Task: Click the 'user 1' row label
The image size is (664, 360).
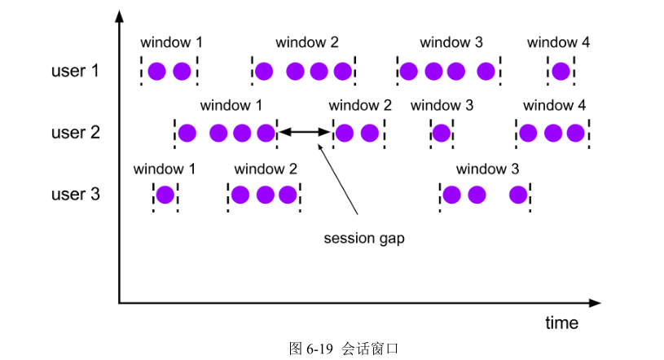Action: tap(76, 71)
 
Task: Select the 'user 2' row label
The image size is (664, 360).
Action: tap(76, 132)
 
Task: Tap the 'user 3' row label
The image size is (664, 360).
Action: tap(76, 195)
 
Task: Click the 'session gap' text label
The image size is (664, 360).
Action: tap(364, 239)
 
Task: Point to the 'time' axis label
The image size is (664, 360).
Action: tap(561, 323)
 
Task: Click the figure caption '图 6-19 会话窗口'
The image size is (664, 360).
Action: tap(344, 348)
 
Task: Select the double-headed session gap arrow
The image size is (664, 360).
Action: tap(306, 132)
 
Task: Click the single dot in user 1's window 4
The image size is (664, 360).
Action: tap(561, 72)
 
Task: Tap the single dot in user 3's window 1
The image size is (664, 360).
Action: tap(165, 195)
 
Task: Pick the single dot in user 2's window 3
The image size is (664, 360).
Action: tap(442, 133)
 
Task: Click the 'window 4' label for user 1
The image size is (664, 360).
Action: tap(558, 42)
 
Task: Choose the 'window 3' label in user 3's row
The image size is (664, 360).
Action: tap(487, 169)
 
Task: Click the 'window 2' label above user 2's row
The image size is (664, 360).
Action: tap(360, 106)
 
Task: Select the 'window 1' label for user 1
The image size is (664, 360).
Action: tap(171, 42)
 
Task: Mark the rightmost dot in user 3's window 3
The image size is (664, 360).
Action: tap(518, 195)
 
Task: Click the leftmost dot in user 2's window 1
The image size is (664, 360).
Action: tap(187, 133)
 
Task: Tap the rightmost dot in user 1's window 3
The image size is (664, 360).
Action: tap(486, 72)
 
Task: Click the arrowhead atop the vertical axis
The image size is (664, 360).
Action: tap(120, 15)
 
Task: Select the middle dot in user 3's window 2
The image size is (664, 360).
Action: tap(264, 195)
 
